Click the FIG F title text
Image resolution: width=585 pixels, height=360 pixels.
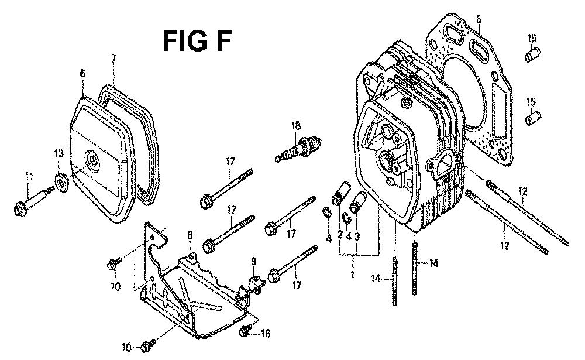(x=197, y=41)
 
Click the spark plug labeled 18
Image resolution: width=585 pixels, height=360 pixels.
(x=298, y=149)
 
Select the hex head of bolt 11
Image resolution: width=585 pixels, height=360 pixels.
(x=20, y=208)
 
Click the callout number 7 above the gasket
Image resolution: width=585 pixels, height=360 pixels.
(x=113, y=59)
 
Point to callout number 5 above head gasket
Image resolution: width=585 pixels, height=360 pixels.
(x=479, y=18)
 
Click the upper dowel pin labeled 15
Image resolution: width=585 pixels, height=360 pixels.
(x=532, y=55)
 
